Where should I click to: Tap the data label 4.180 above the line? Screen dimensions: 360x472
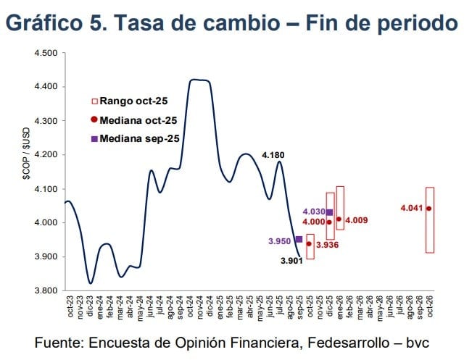[x=273, y=154]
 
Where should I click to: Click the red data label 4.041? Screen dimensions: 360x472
[x=411, y=209]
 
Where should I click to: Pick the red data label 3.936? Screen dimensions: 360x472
[x=327, y=246]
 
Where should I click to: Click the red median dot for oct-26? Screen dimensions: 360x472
[x=429, y=209]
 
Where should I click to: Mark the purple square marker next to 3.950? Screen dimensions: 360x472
[x=299, y=239]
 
